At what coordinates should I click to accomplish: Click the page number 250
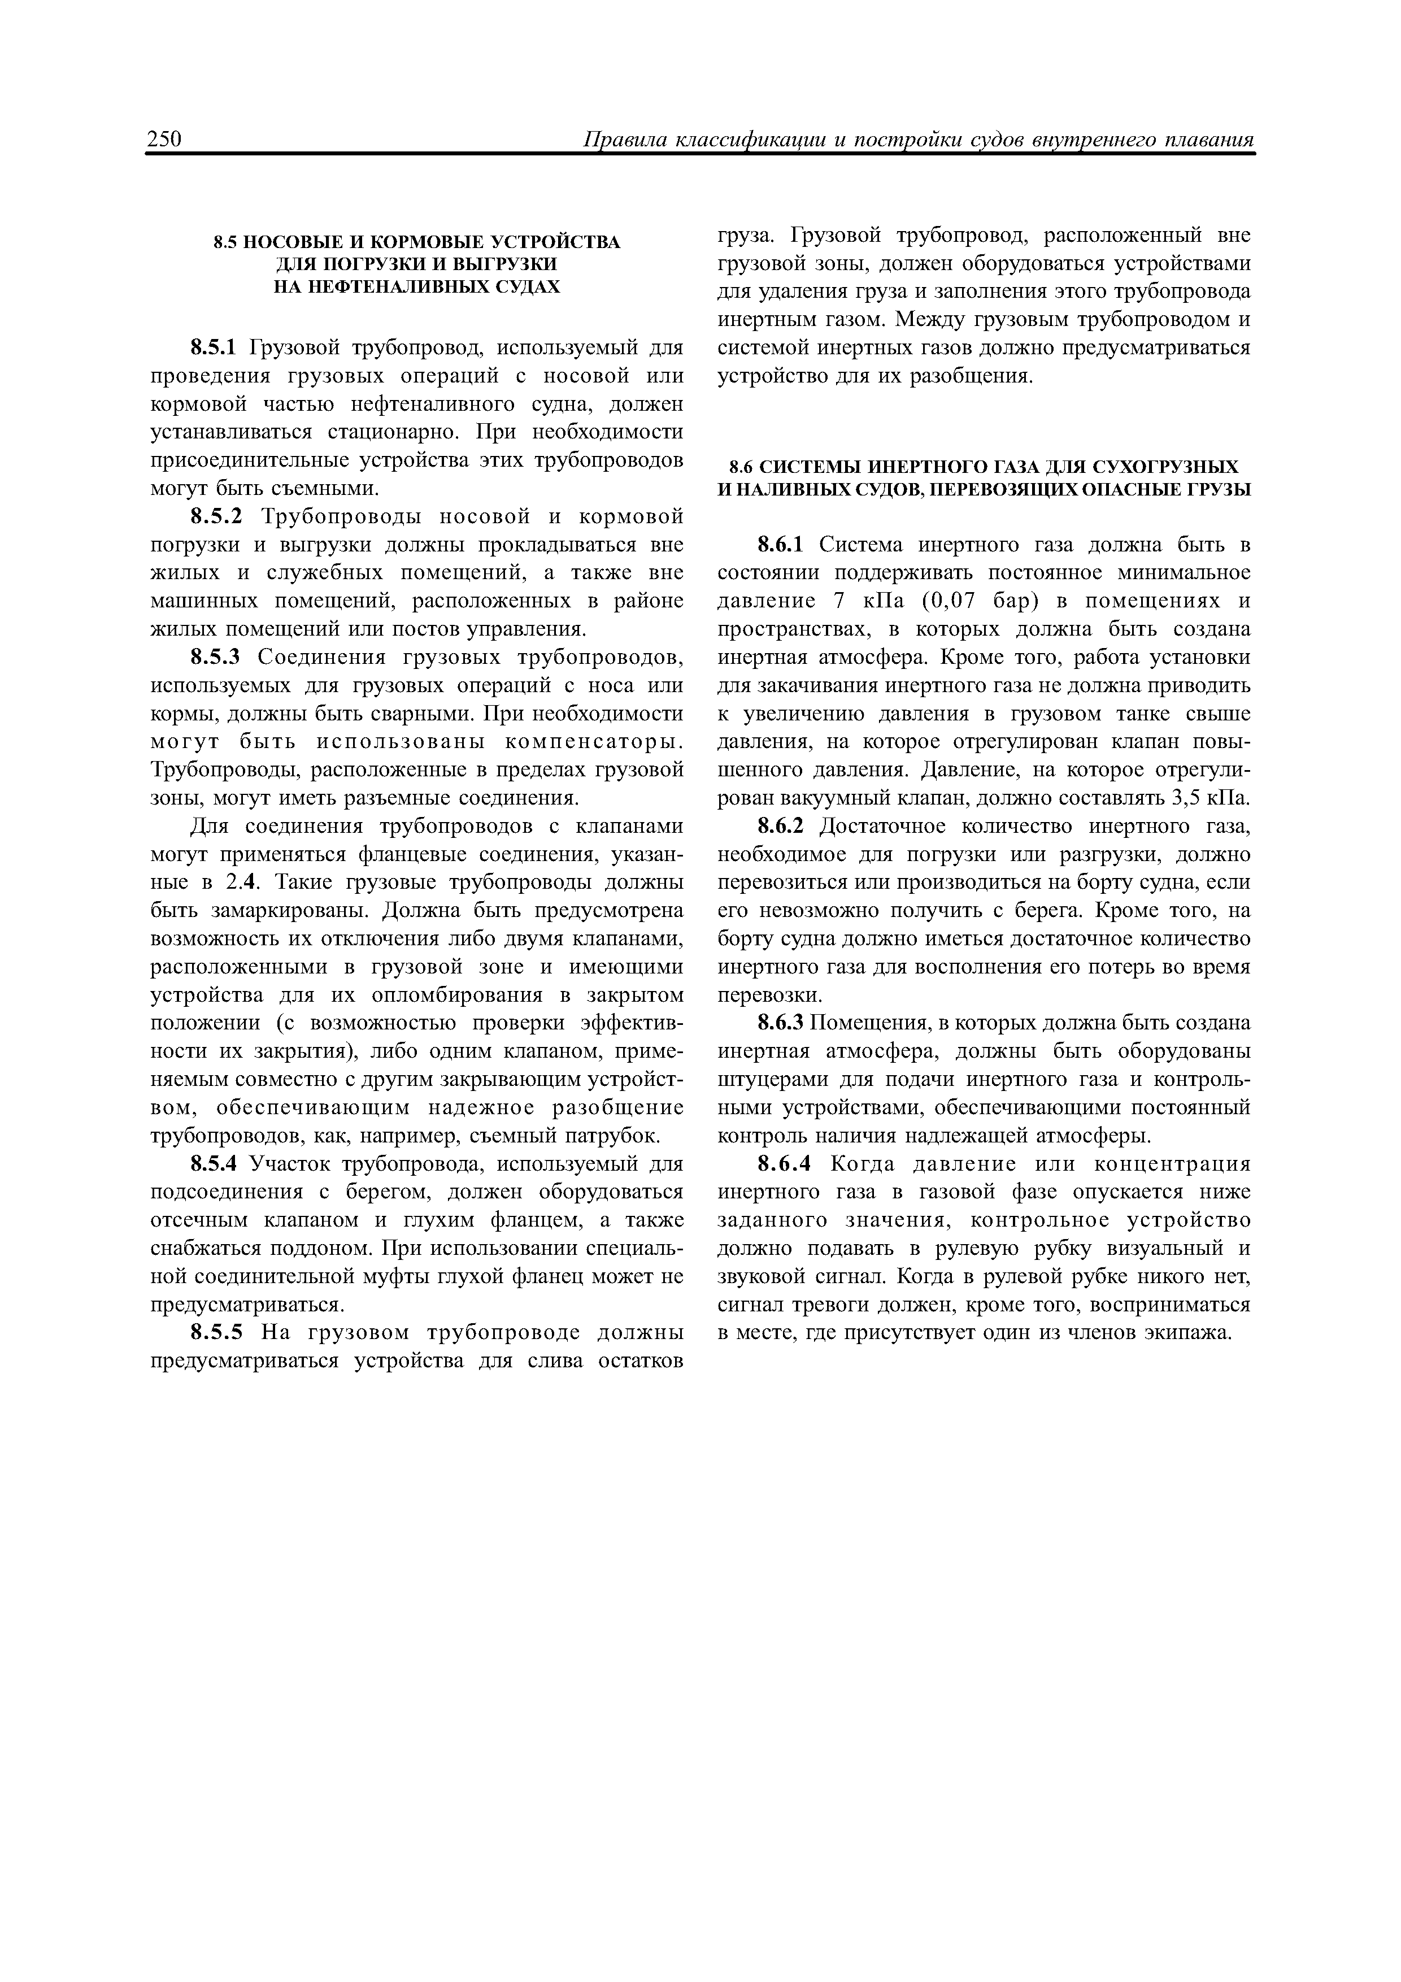click(164, 140)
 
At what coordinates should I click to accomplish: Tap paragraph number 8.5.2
click(217, 516)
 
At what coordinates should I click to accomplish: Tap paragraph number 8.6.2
click(780, 826)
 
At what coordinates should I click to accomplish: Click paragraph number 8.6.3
click(780, 1024)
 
